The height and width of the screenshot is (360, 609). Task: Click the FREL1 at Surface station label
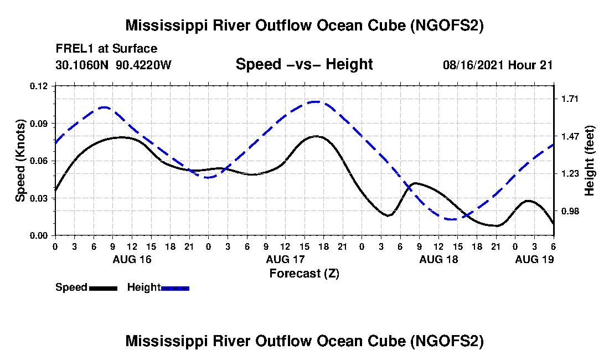pos(106,49)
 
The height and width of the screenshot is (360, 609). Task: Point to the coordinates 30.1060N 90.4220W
pos(113,65)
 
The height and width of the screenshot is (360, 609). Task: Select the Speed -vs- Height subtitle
pos(304,64)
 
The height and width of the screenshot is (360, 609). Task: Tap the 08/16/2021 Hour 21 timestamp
pos(498,65)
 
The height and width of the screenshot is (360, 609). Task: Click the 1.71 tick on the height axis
pos(570,99)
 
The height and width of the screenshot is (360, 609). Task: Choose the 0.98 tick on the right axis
pos(570,211)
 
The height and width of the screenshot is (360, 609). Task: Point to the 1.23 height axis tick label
pos(570,173)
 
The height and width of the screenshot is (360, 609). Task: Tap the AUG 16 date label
pos(132,259)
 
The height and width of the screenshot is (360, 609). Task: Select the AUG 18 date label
pos(438,259)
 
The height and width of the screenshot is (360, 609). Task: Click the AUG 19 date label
pos(534,259)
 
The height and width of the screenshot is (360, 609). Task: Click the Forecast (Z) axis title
pos(304,274)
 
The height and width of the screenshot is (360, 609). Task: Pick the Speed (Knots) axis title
pos(20,161)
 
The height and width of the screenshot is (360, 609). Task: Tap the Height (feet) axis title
pos(590,161)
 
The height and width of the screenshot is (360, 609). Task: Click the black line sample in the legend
pos(103,288)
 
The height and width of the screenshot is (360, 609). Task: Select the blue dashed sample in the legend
pos(175,288)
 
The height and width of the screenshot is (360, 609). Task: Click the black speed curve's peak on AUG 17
pos(316,136)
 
